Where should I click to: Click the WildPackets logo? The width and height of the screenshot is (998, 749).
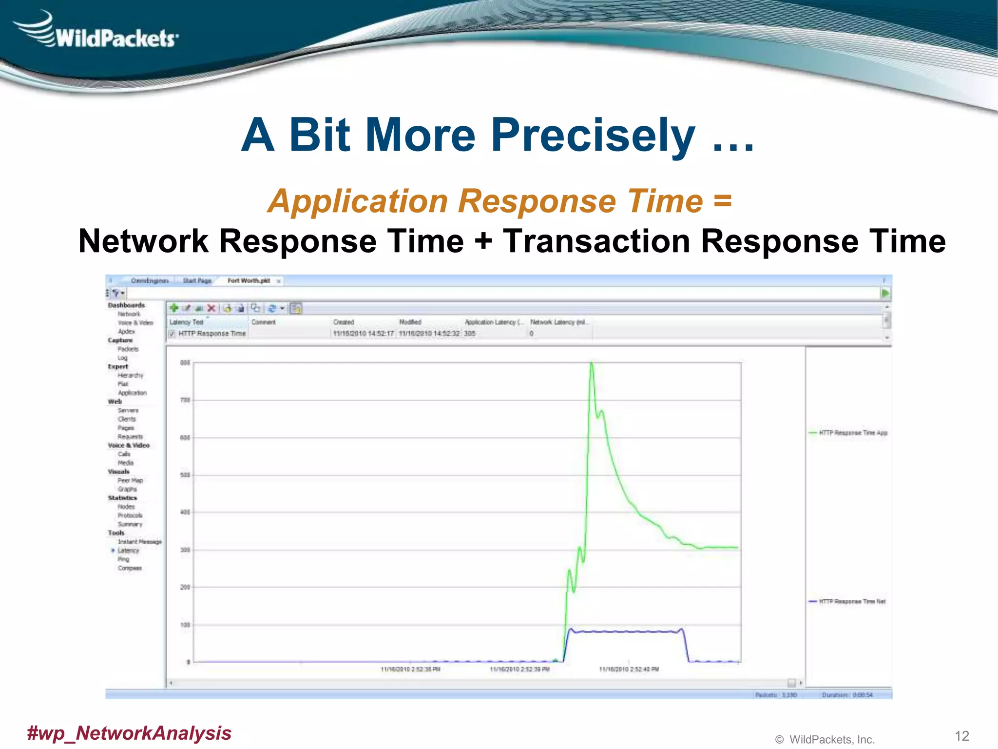pos(97,32)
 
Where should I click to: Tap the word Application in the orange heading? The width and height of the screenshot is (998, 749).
pos(358,201)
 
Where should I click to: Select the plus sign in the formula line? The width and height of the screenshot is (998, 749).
pos(483,241)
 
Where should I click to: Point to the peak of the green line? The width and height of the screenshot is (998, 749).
pos(592,363)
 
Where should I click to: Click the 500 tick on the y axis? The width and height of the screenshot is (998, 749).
pos(185,475)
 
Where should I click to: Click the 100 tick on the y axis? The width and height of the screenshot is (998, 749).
pos(185,625)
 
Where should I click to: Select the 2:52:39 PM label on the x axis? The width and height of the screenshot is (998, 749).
pos(519,669)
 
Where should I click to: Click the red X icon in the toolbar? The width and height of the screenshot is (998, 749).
pos(211,308)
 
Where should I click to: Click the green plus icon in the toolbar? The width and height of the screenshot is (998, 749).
pos(173,308)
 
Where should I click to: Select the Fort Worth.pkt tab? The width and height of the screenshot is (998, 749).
pos(249,280)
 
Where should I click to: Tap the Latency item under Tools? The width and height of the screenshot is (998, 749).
pos(128,551)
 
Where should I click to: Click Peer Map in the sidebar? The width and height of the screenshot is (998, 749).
pos(130,480)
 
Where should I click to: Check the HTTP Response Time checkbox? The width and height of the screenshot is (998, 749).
pos(172,334)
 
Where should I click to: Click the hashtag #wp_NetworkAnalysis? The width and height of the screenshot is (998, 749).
pos(129,732)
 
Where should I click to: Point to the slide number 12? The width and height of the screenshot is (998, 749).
pos(961,735)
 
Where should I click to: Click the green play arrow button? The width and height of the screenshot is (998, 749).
pos(885,293)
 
